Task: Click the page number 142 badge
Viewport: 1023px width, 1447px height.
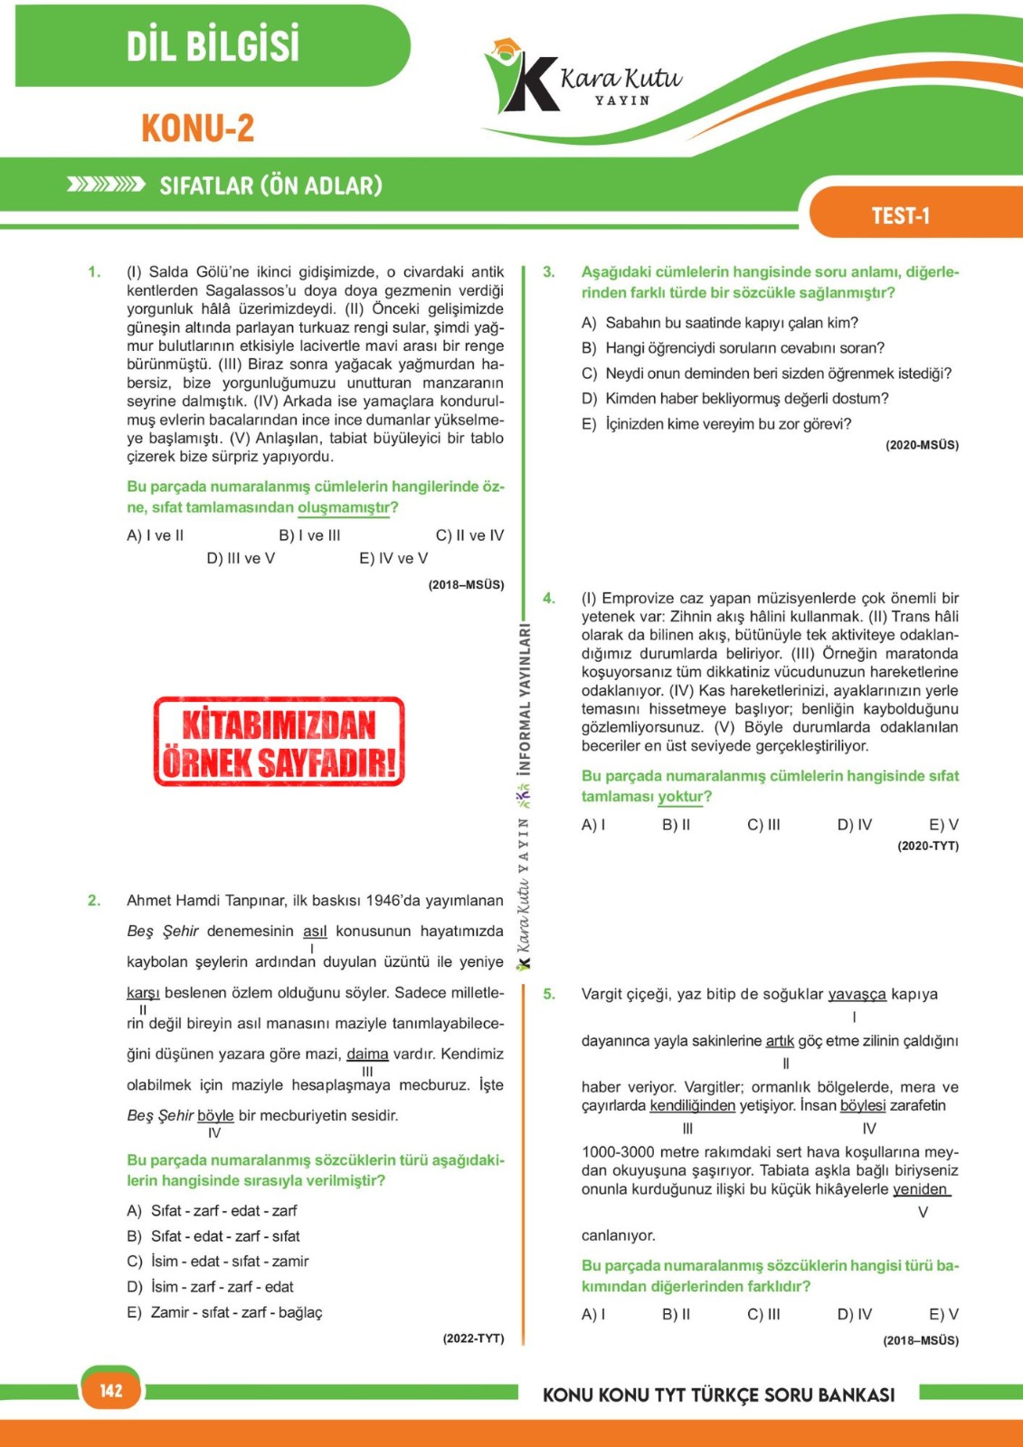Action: point(111,1390)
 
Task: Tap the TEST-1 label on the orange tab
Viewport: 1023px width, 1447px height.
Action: point(900,215)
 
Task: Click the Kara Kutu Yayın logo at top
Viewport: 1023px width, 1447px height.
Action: point(583,80)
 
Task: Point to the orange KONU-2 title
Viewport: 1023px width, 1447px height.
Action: point(197,128)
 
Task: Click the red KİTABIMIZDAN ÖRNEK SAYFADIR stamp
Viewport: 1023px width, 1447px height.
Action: point(279,742)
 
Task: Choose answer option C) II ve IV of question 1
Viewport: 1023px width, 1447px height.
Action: point(469,535)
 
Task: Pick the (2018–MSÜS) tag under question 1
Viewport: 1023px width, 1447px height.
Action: point(466,584)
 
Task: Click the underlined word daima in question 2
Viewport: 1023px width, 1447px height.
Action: point(367,1054)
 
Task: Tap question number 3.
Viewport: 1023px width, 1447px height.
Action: point(549,272)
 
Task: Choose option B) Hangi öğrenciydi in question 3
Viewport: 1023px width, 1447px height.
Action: point(733,348)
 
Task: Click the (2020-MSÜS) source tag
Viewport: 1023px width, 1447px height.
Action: point(922,445)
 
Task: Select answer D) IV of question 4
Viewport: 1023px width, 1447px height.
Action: point(855,825)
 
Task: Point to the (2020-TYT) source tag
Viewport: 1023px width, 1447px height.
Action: point(928,846)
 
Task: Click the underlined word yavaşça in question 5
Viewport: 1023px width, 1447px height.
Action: point(857,994)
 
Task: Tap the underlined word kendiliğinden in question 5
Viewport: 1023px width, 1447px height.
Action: point(692,1105)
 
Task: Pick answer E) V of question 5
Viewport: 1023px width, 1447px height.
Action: point(943,1314)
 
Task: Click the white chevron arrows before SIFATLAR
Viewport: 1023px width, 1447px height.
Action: point(106,185)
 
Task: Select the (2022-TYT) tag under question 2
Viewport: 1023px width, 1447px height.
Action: point(473,1338)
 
